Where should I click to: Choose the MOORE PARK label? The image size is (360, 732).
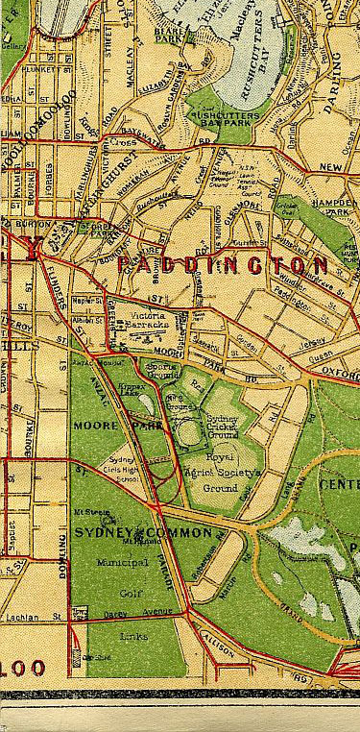pyautogui.click(x=108, y=423)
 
